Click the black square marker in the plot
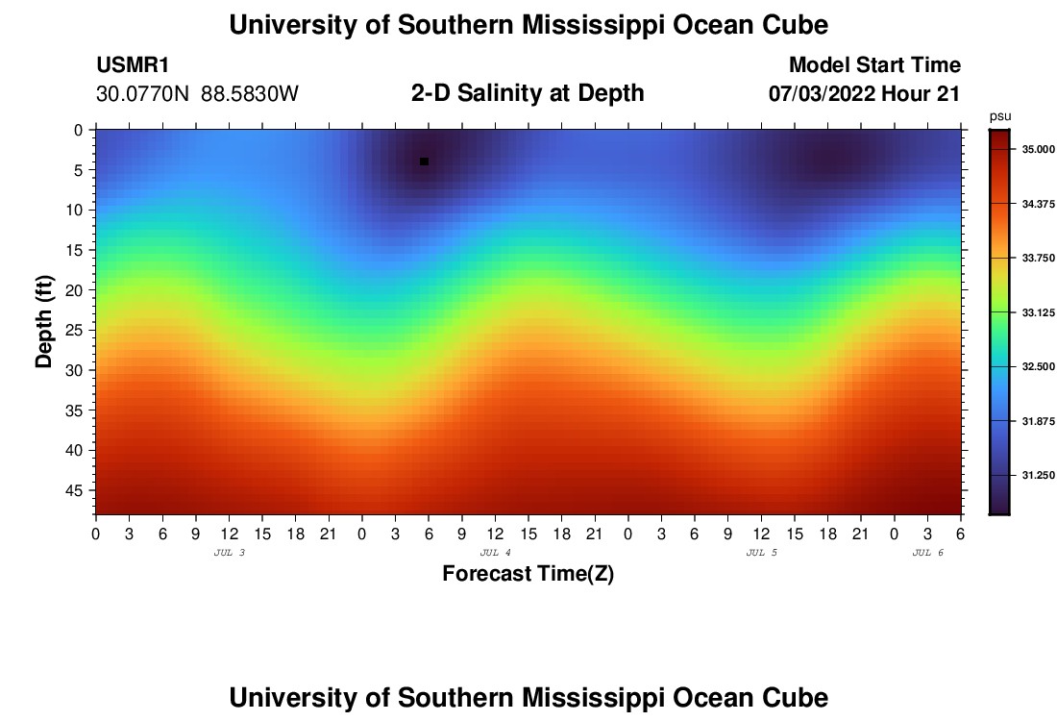(x=424, y=162)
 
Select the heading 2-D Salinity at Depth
(x=528, y=93)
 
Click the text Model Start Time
(x=874, y=65)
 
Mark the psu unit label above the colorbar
(x=1000, y=116)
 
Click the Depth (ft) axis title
(x=44, y=321)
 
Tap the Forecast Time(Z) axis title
(x=528, y=574)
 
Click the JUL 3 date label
(x=229, y=553)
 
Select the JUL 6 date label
(x=928, y=553)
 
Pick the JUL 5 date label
(x=762, y=553)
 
